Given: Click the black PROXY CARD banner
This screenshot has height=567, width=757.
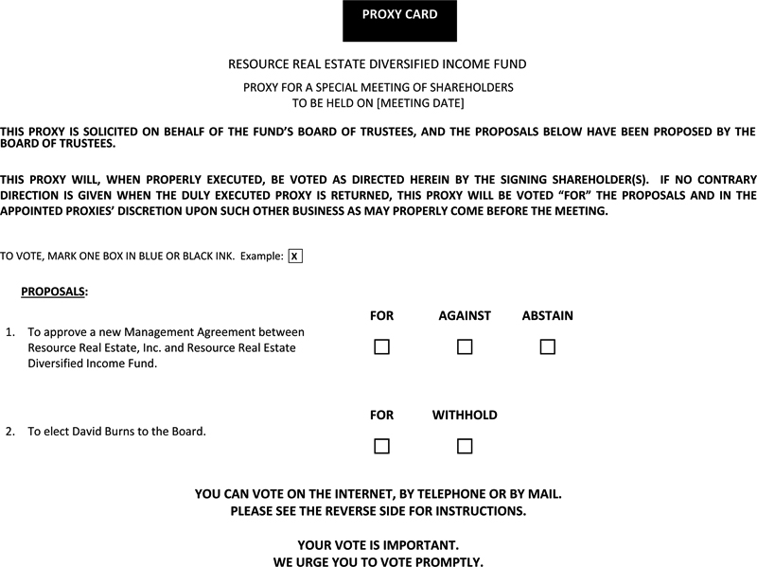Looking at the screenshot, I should tap(399, 21).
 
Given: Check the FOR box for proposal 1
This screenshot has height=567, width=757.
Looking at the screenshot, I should tap(381, 347).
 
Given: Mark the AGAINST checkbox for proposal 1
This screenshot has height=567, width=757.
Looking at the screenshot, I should tap(465, 347).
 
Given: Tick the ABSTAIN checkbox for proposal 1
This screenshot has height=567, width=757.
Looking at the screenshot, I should tap(547, 347).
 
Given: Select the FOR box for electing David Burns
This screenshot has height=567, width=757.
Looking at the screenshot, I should tap(381, 446).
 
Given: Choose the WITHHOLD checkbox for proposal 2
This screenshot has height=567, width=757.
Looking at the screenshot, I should tap(465, 446).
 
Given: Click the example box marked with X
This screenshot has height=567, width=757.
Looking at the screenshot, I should tap(294, 257).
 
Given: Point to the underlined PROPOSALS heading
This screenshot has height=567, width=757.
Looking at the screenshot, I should tap(53, 292).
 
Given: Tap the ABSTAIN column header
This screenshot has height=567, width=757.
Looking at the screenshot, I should tap(547, 316).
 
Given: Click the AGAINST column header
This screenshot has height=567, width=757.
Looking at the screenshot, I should tap(465, 316).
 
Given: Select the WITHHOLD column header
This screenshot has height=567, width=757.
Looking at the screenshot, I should tap(465, 416).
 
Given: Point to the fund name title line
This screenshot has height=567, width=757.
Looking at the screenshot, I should tap(378, 64).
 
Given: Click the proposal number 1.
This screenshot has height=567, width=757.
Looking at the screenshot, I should tap(9, 333).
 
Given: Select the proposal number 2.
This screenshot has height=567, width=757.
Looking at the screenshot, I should tap(9, 432).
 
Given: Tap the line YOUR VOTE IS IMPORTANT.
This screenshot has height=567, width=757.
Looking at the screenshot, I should tap(378, 545).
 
